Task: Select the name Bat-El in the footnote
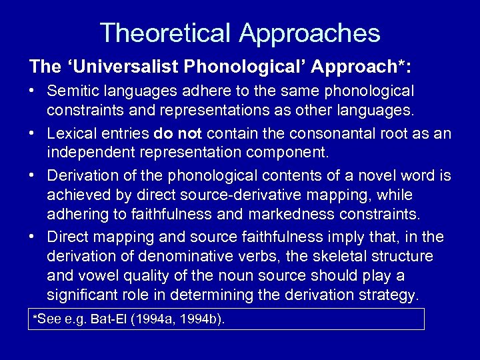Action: click(109, 319)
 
